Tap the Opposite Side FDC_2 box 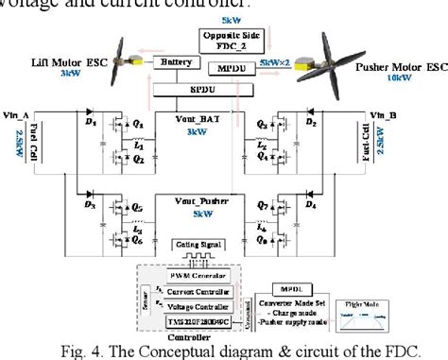coord(224,39)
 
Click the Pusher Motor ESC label coord(395,70)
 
